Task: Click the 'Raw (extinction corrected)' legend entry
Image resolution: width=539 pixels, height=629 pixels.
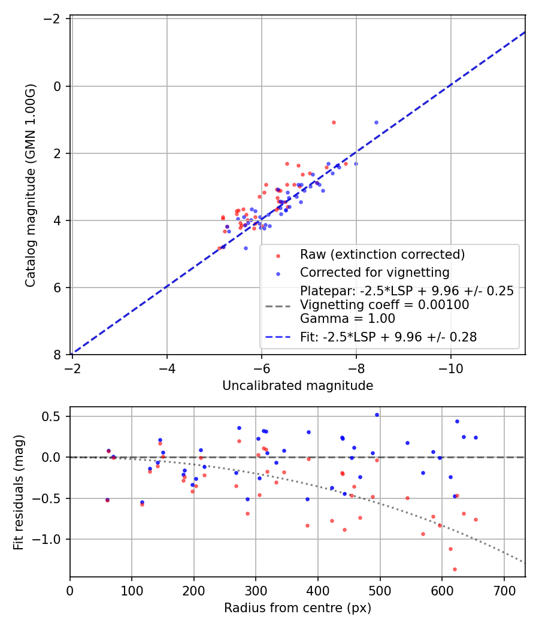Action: (382, 255)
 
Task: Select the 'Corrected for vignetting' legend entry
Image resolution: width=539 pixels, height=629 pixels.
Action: (374, 273)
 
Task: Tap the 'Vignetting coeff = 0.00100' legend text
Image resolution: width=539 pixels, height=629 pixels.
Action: (384, 304)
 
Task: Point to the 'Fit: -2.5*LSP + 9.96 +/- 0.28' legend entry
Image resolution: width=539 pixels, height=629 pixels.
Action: (388, 337)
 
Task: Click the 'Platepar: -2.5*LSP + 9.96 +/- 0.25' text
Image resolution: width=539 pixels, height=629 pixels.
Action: (407, 291)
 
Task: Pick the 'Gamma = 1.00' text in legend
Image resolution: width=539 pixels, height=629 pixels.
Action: (348, 319)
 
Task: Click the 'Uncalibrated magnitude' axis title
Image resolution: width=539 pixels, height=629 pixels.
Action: (298, 386)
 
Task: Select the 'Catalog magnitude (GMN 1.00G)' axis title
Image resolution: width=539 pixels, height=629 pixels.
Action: (31, 185)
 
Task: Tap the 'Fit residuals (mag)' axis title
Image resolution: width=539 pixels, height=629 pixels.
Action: (19, 492)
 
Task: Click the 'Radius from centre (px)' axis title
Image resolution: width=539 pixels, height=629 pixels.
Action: (298, 608)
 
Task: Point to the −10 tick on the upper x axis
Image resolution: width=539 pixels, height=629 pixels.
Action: (451, 368)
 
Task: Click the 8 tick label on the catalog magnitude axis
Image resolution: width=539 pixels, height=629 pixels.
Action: (57, 355)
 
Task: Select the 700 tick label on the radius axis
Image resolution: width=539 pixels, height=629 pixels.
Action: (504, 591)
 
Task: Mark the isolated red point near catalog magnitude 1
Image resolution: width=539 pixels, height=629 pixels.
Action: (334, 122)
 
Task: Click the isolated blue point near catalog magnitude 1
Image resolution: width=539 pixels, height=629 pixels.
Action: (376, 122)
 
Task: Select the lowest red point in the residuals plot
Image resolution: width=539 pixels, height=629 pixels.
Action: (455, 569)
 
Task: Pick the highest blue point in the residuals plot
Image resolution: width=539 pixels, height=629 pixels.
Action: (377, 415)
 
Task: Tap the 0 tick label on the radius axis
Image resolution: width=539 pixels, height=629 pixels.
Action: (70, 591)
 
